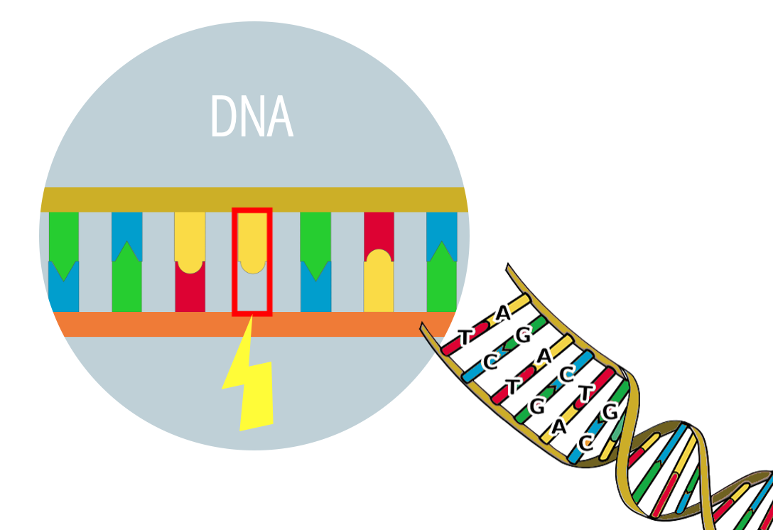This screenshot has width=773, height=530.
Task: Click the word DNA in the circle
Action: (x=252, y=117)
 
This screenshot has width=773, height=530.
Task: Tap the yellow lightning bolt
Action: (x=249, y=384)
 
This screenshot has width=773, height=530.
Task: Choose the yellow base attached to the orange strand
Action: (x=379, y=284)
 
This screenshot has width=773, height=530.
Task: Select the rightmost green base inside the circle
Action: (x=442, y=281)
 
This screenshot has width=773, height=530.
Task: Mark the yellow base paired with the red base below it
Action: (x=190, y=238)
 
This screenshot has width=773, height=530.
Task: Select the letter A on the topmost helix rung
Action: (x=503, y=313)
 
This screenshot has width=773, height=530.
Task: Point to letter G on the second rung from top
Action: (x=523, y=336)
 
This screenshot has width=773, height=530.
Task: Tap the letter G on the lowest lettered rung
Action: (x=610, y=412)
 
